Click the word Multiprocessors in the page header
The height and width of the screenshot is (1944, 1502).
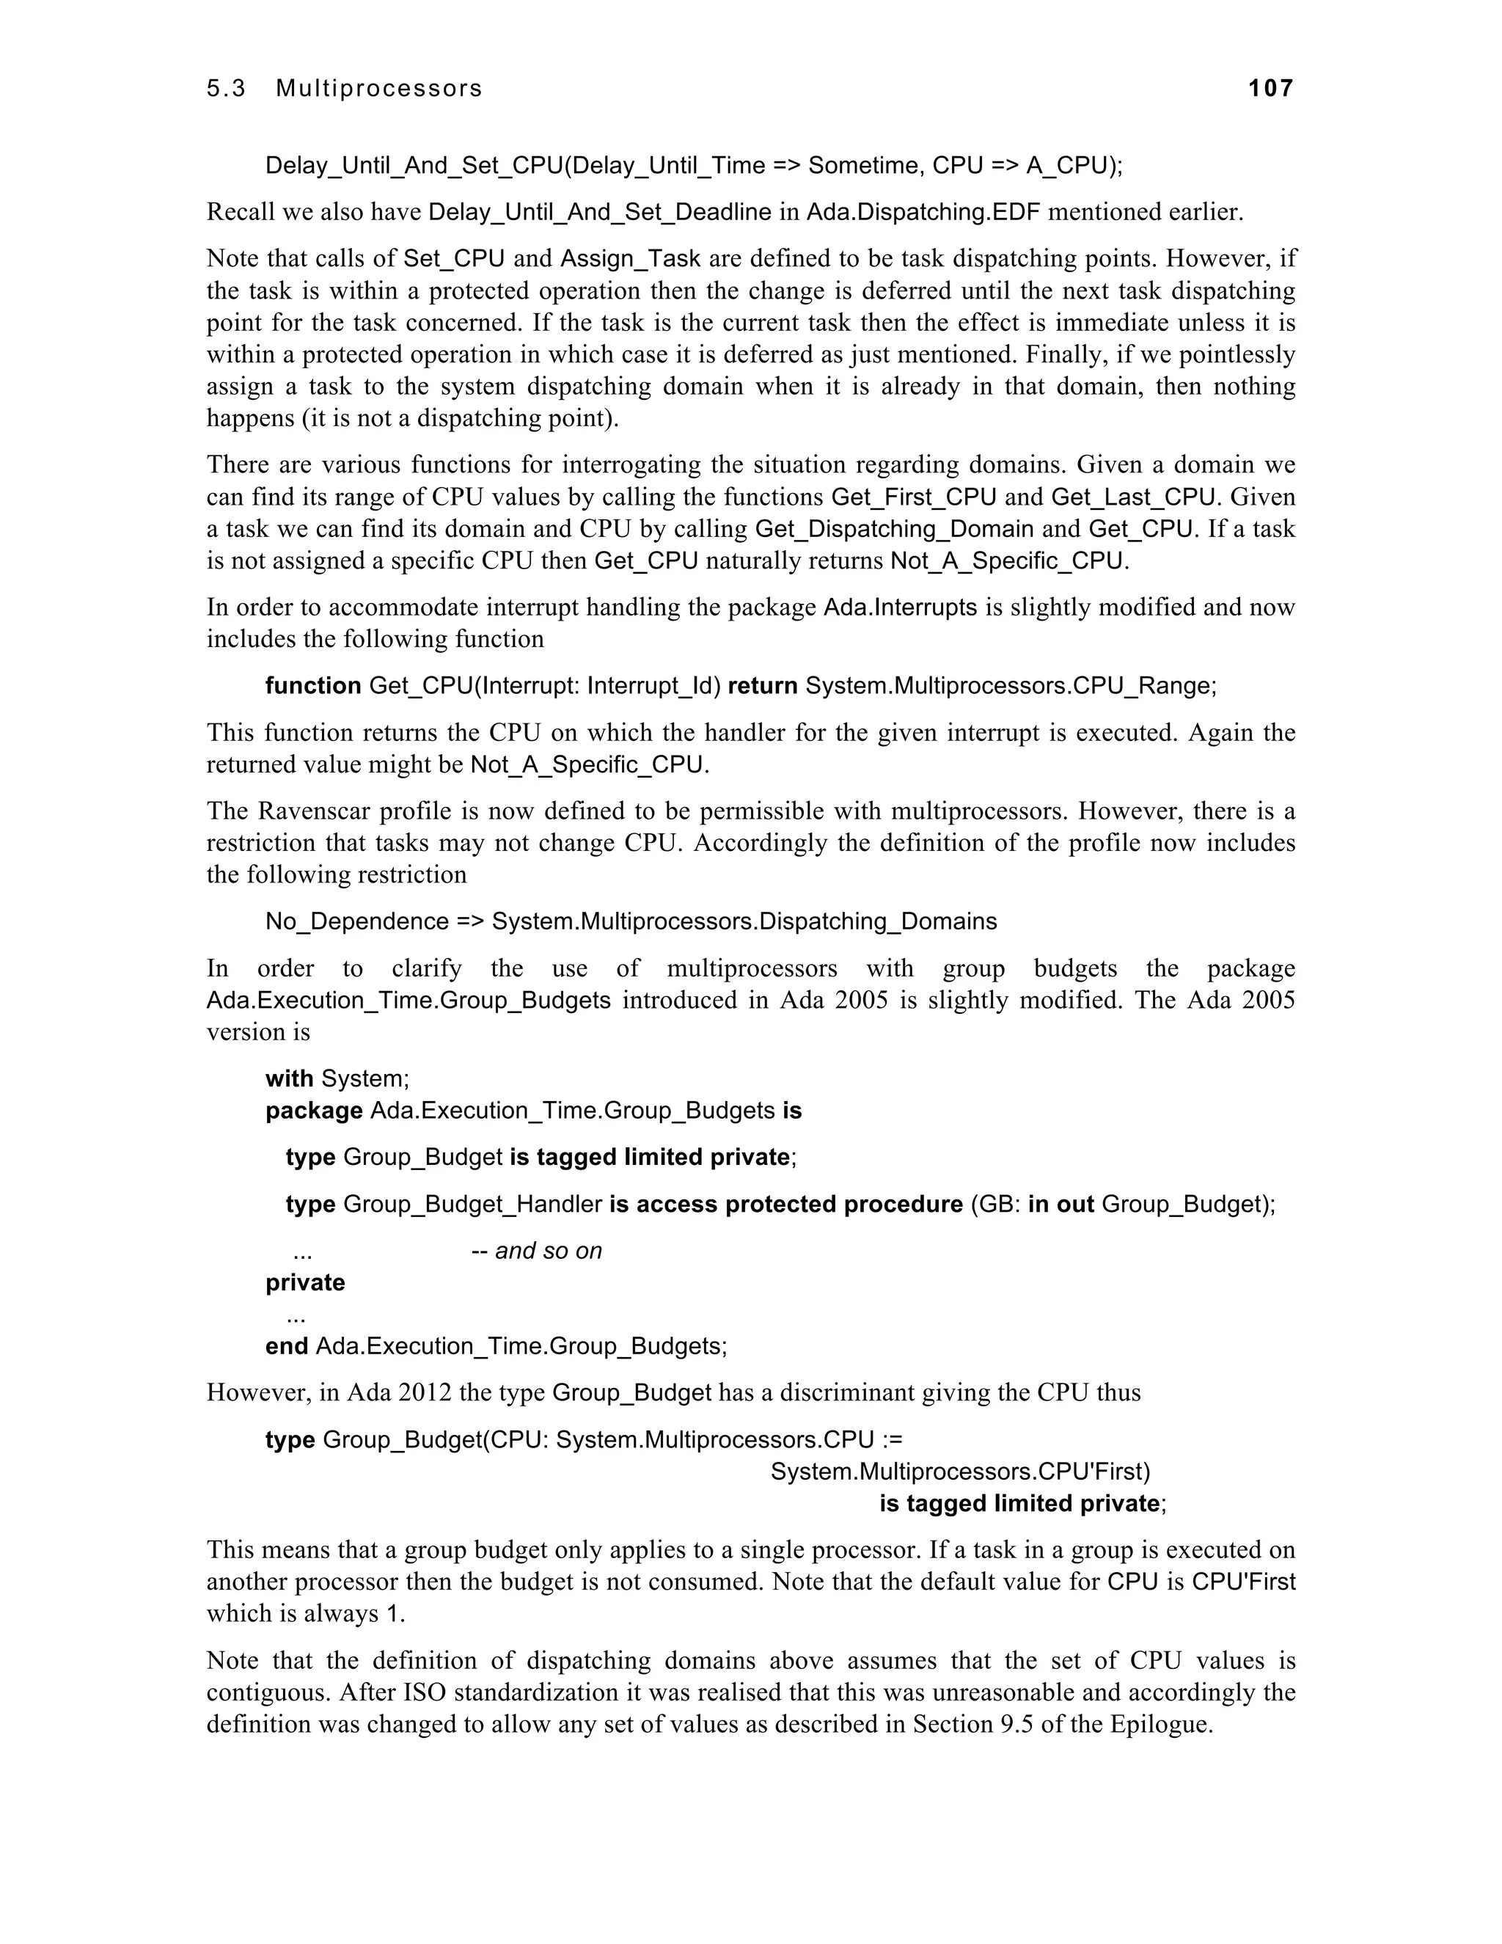click(379, 88)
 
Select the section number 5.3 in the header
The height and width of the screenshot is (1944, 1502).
click(226, 88)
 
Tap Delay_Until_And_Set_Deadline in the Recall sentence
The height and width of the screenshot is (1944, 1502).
click(600, 213)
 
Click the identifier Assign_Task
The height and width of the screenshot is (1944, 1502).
click(630, 259)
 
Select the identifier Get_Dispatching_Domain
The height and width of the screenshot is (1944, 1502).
click(894, 529)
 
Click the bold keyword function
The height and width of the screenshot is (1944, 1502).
click(313, 685)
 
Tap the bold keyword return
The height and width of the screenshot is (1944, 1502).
click(763, 685)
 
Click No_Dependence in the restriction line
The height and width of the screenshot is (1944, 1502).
click(357, 921)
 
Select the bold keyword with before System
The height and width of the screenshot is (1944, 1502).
click(289, 1079)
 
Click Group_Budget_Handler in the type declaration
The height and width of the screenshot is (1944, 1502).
click(472, 1205)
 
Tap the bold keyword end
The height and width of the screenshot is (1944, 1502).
click(287, 1346)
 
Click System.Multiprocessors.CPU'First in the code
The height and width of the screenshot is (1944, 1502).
click(960, 1472)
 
